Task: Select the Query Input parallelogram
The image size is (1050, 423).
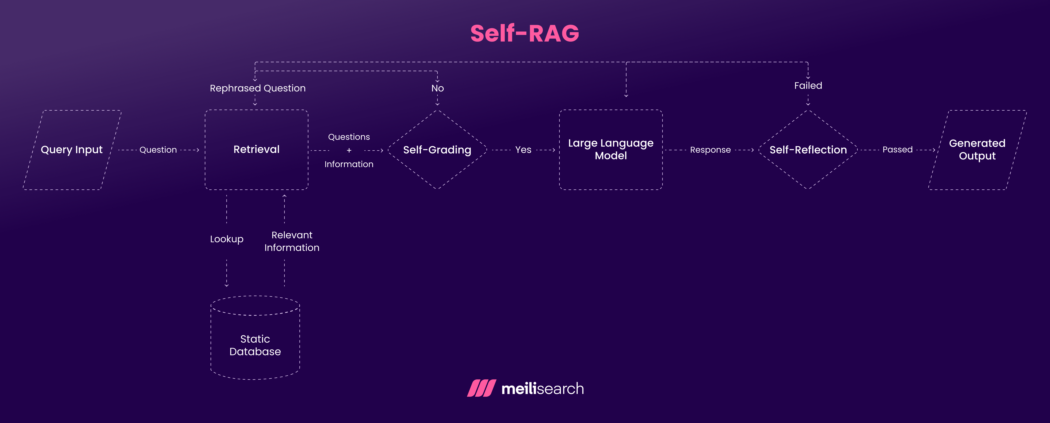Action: click(72, 149)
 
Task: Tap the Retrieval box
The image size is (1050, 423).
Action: click(256, 149)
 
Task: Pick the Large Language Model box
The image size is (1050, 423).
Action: click(611, 149)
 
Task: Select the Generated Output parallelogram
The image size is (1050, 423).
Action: click(977, 149)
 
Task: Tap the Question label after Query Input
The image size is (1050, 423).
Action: click(158, 150)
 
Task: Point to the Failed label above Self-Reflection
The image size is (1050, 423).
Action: click(808, 86)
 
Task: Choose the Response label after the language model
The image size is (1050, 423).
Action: click(710, 150)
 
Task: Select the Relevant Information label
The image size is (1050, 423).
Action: click(292, 241)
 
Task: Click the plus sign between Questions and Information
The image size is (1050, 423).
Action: click(349, 150)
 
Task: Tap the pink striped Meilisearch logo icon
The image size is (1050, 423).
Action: click(481, 388)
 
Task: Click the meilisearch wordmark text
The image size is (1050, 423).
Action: click(542, 389)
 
